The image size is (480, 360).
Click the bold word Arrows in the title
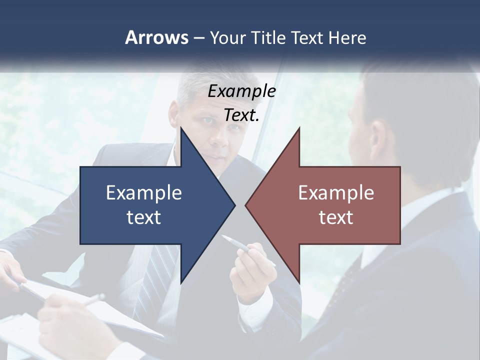click(156, 37)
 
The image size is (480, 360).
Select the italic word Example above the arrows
click(241, 91)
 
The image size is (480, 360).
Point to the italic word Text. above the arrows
click(241, 115)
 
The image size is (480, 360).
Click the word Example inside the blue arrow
click(144, 193)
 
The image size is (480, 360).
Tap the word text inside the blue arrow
click(144, 217)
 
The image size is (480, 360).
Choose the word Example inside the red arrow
click(336, 193)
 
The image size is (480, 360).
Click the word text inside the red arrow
click(336, 217)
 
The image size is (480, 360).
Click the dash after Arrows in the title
click(198, 38)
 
